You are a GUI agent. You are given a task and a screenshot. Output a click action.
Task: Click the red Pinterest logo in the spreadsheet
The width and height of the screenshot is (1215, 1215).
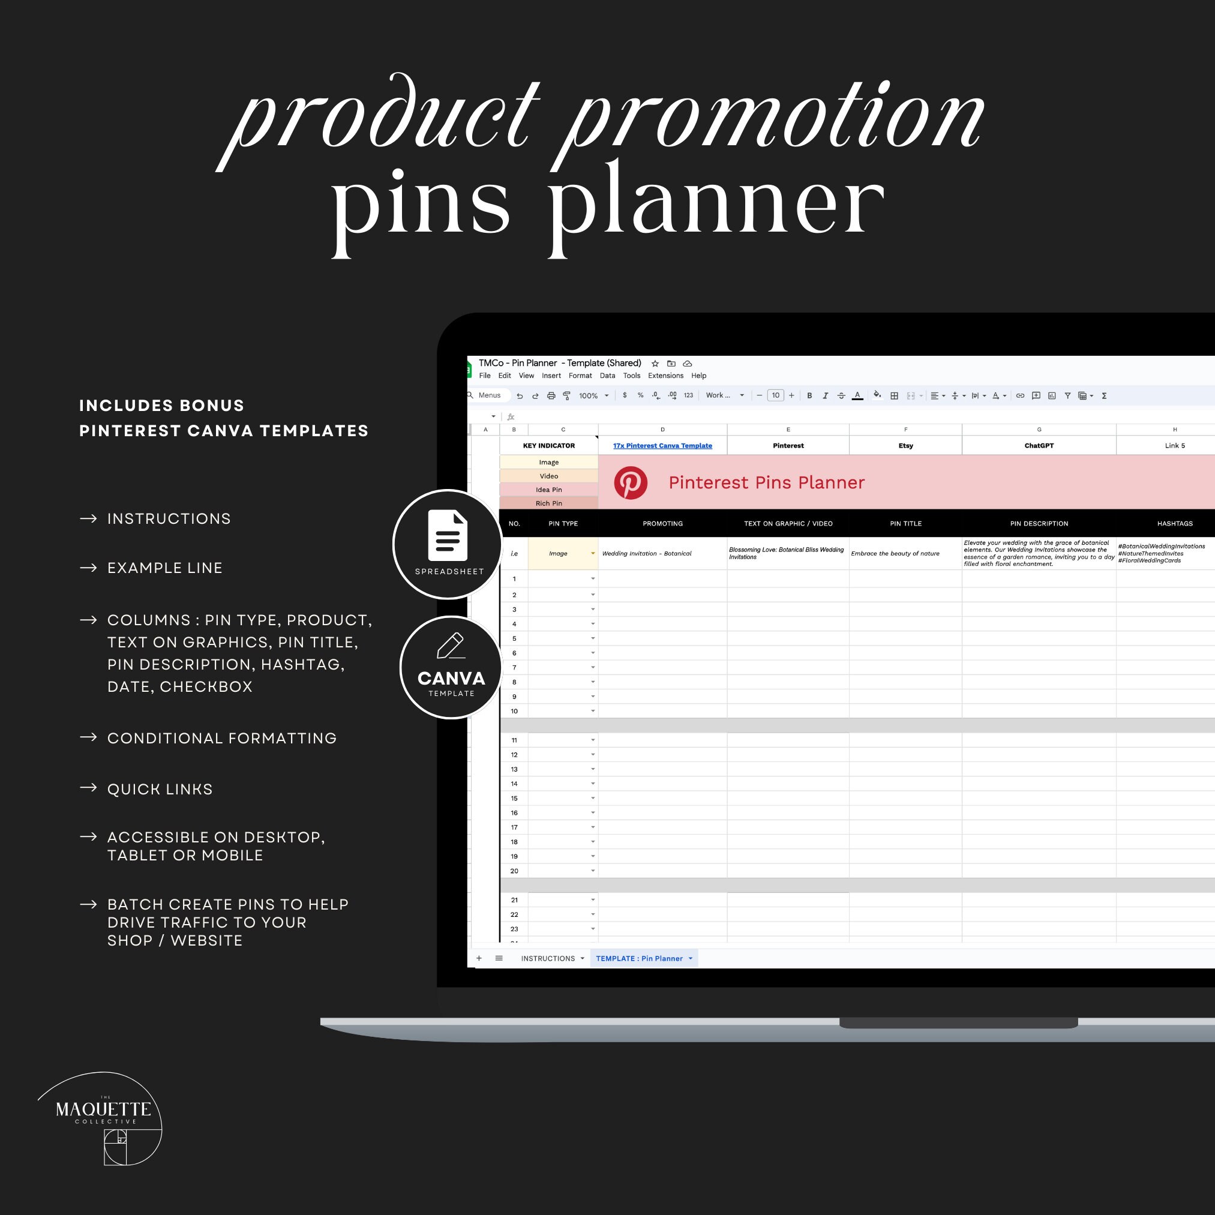click(x=630, y=482)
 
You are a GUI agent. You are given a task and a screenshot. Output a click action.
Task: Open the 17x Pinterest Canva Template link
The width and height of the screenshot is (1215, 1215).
click(x=662, y=445)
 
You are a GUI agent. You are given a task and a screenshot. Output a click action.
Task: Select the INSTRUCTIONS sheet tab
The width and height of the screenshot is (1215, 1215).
click(x=548, y=958)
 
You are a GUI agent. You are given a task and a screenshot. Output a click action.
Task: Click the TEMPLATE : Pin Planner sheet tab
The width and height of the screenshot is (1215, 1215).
click(x=639, y=958)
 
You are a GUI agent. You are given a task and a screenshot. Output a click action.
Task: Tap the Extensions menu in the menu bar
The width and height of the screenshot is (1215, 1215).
click(x=665, y=376)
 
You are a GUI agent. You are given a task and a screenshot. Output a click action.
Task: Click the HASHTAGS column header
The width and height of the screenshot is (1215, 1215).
click(x=1174, y=523)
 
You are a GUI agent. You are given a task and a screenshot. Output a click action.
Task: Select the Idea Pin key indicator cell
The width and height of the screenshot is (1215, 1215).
click(x=548, y=489)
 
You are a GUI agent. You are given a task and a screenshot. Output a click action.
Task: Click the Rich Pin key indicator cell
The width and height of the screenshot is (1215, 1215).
click(x=548, y=503)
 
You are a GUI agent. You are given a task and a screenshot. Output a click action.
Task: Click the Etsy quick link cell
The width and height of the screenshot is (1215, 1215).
click(x=905, y=445)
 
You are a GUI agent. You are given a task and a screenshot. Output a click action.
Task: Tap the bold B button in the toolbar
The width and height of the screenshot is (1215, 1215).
click(x=809, y=395)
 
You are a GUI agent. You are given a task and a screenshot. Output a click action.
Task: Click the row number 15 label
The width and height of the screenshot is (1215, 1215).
click(x=514, y=798)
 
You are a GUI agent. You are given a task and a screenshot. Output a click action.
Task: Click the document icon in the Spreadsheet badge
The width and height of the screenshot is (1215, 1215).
click(x=448, y=535)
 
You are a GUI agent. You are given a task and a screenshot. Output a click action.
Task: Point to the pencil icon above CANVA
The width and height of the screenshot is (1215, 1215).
click(x=450, y=646)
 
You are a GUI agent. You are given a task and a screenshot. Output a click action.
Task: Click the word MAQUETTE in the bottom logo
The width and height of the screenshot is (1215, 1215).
click(x=103, y=1109)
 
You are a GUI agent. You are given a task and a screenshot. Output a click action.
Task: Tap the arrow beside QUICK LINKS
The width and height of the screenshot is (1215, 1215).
click(x=88, y=787)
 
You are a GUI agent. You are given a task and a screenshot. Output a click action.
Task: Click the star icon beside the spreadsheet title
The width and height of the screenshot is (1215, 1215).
click(x=655, y=364)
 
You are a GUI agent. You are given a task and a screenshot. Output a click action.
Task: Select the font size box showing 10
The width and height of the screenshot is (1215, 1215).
click(x=775, y=395)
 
